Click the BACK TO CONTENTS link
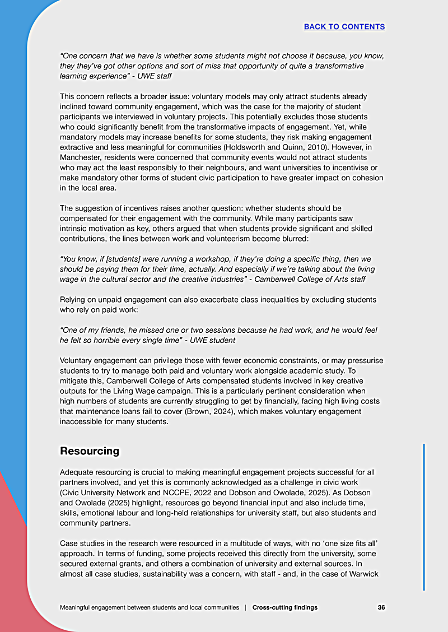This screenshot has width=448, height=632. point(344,27)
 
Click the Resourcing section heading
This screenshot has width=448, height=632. point(90,451)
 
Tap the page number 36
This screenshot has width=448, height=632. point(381,607)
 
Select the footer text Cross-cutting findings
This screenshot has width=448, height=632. point(285,607)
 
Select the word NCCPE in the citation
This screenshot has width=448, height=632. point(168,492)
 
